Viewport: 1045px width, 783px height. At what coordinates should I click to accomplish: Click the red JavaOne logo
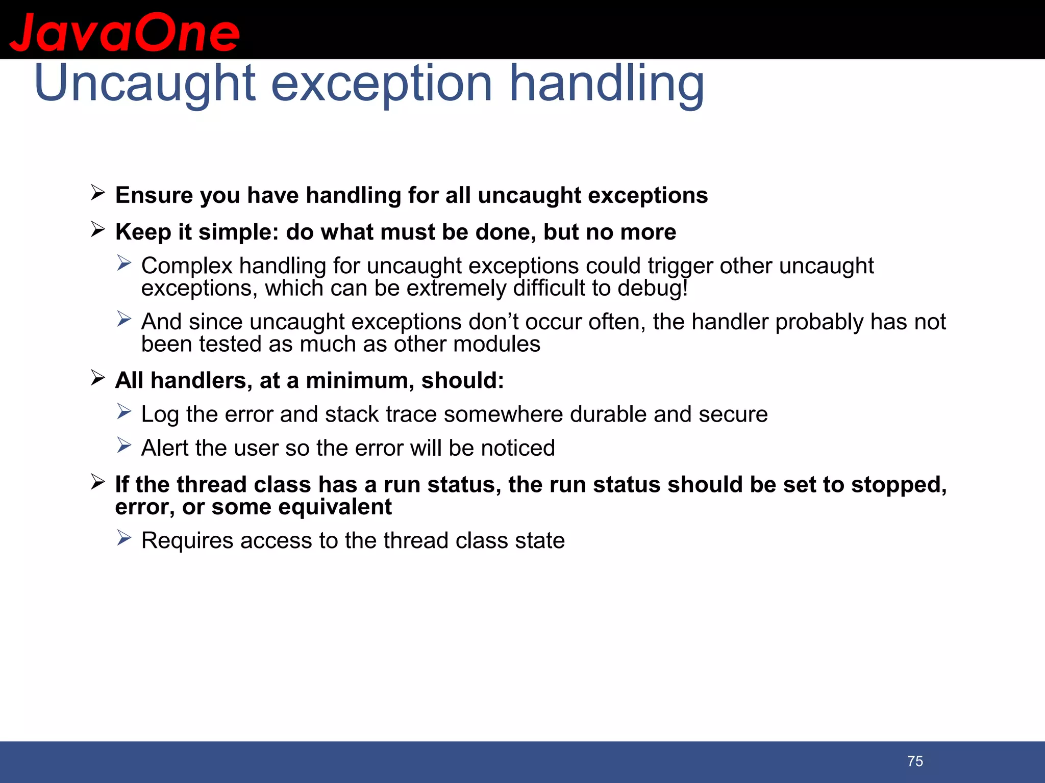click(x=125, y=33)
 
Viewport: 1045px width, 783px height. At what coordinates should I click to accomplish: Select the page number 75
click(x=915, y=761)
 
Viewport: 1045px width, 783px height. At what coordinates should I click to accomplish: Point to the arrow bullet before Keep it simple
click(x=97, y=230)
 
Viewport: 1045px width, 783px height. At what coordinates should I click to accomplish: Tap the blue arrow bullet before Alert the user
click(x=124, y=446)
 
